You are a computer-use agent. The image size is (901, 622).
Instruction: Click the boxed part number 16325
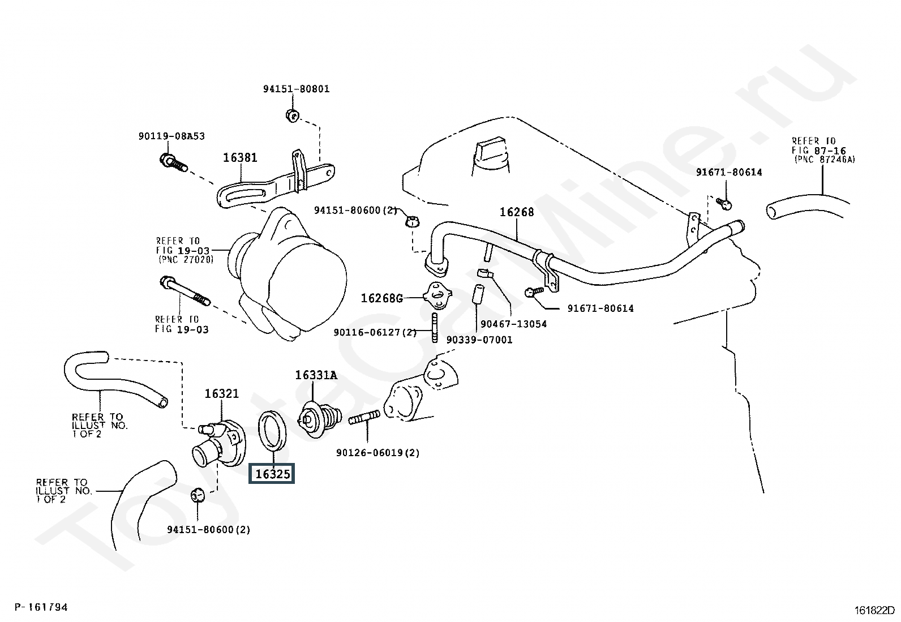(272, 474)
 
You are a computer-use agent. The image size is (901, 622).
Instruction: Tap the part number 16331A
(315, 375)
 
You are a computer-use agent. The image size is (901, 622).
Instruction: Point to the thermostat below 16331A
(319, 419)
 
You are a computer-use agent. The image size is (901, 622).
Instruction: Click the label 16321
(221, 393)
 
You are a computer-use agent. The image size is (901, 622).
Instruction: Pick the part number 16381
(239, 157)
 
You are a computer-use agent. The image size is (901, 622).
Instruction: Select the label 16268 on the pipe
(516, 212)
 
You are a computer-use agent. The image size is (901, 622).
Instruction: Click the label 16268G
(382, 298)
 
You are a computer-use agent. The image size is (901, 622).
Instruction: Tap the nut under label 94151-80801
(293, 115)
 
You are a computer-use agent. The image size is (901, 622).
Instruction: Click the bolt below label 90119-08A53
(173, 162)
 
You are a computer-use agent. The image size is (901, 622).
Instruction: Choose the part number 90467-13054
(513, 324)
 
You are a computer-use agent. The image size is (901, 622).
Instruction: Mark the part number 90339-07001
(479, 340)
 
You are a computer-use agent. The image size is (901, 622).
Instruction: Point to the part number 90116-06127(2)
(375, 332)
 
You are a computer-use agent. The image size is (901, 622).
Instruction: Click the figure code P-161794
(41, 607)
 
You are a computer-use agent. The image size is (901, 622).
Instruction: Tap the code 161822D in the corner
(874, 611)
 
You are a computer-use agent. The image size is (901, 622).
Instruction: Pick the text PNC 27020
(185, 260)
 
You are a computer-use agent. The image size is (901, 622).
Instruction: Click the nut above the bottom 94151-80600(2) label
(198, 494)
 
